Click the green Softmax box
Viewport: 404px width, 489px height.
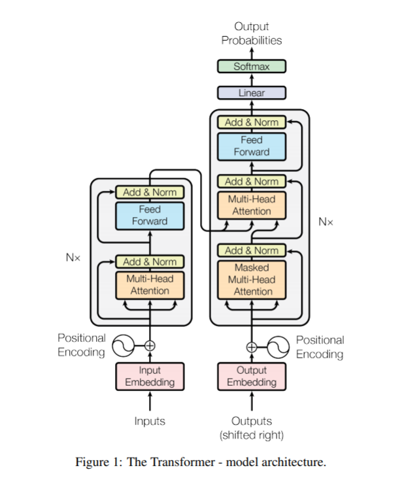click(x=251, y=67)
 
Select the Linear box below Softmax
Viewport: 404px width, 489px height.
click(x=251, y=93)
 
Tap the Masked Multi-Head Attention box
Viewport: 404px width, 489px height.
click(x=252, y=279)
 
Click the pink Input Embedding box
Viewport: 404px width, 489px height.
click(x=150, y=376)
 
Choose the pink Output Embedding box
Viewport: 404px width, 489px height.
click(x=252, y=376)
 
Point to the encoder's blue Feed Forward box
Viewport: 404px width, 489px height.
click(x=150, y=216)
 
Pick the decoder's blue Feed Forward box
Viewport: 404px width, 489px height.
click(x=252, y=146)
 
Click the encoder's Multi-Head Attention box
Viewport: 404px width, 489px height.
click(x=150, y=284)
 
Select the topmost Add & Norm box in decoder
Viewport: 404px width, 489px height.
click(x=252, y=122)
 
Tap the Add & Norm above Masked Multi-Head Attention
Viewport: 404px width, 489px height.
click(x=252, y=250)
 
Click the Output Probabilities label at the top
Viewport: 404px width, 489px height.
click(x=252, y=33)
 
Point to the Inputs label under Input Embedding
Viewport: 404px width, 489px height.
click(x=150, y=421)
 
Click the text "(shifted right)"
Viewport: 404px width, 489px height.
click(x=252, y=435)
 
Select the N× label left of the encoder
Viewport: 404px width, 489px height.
click(x=73, y=258)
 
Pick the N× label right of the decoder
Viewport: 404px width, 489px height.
click(x=326, y=222)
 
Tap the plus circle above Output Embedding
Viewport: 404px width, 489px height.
click(x=252, y=346)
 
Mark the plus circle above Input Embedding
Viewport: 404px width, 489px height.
click(x=150, y=345)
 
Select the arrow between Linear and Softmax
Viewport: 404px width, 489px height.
click(x=252, y=80)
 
